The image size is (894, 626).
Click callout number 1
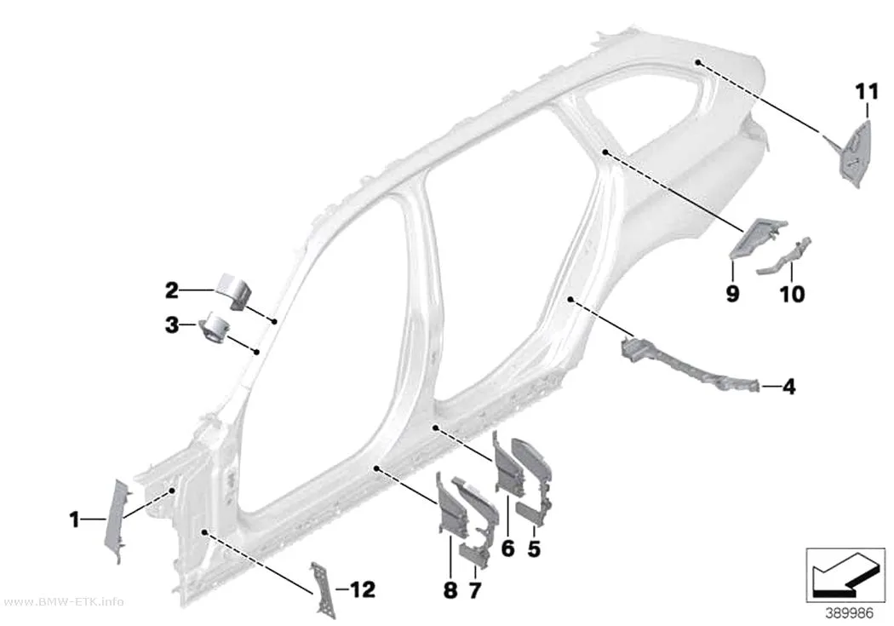coord(74,520)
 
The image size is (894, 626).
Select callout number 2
coord(172,290)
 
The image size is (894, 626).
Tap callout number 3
coord(172,325)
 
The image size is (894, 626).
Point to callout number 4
coord(788,387)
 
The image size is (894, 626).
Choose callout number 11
coord(867,91)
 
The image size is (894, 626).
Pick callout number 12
coord(363,589)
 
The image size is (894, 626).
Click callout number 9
coord(732,294)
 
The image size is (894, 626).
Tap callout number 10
coord(792,294)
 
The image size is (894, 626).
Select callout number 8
coord(450,590)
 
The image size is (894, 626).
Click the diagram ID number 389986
coord(850,613)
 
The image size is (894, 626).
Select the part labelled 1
coord(117,520)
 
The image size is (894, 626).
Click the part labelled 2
coord(234,290)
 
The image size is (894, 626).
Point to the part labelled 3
coord(215,329)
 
